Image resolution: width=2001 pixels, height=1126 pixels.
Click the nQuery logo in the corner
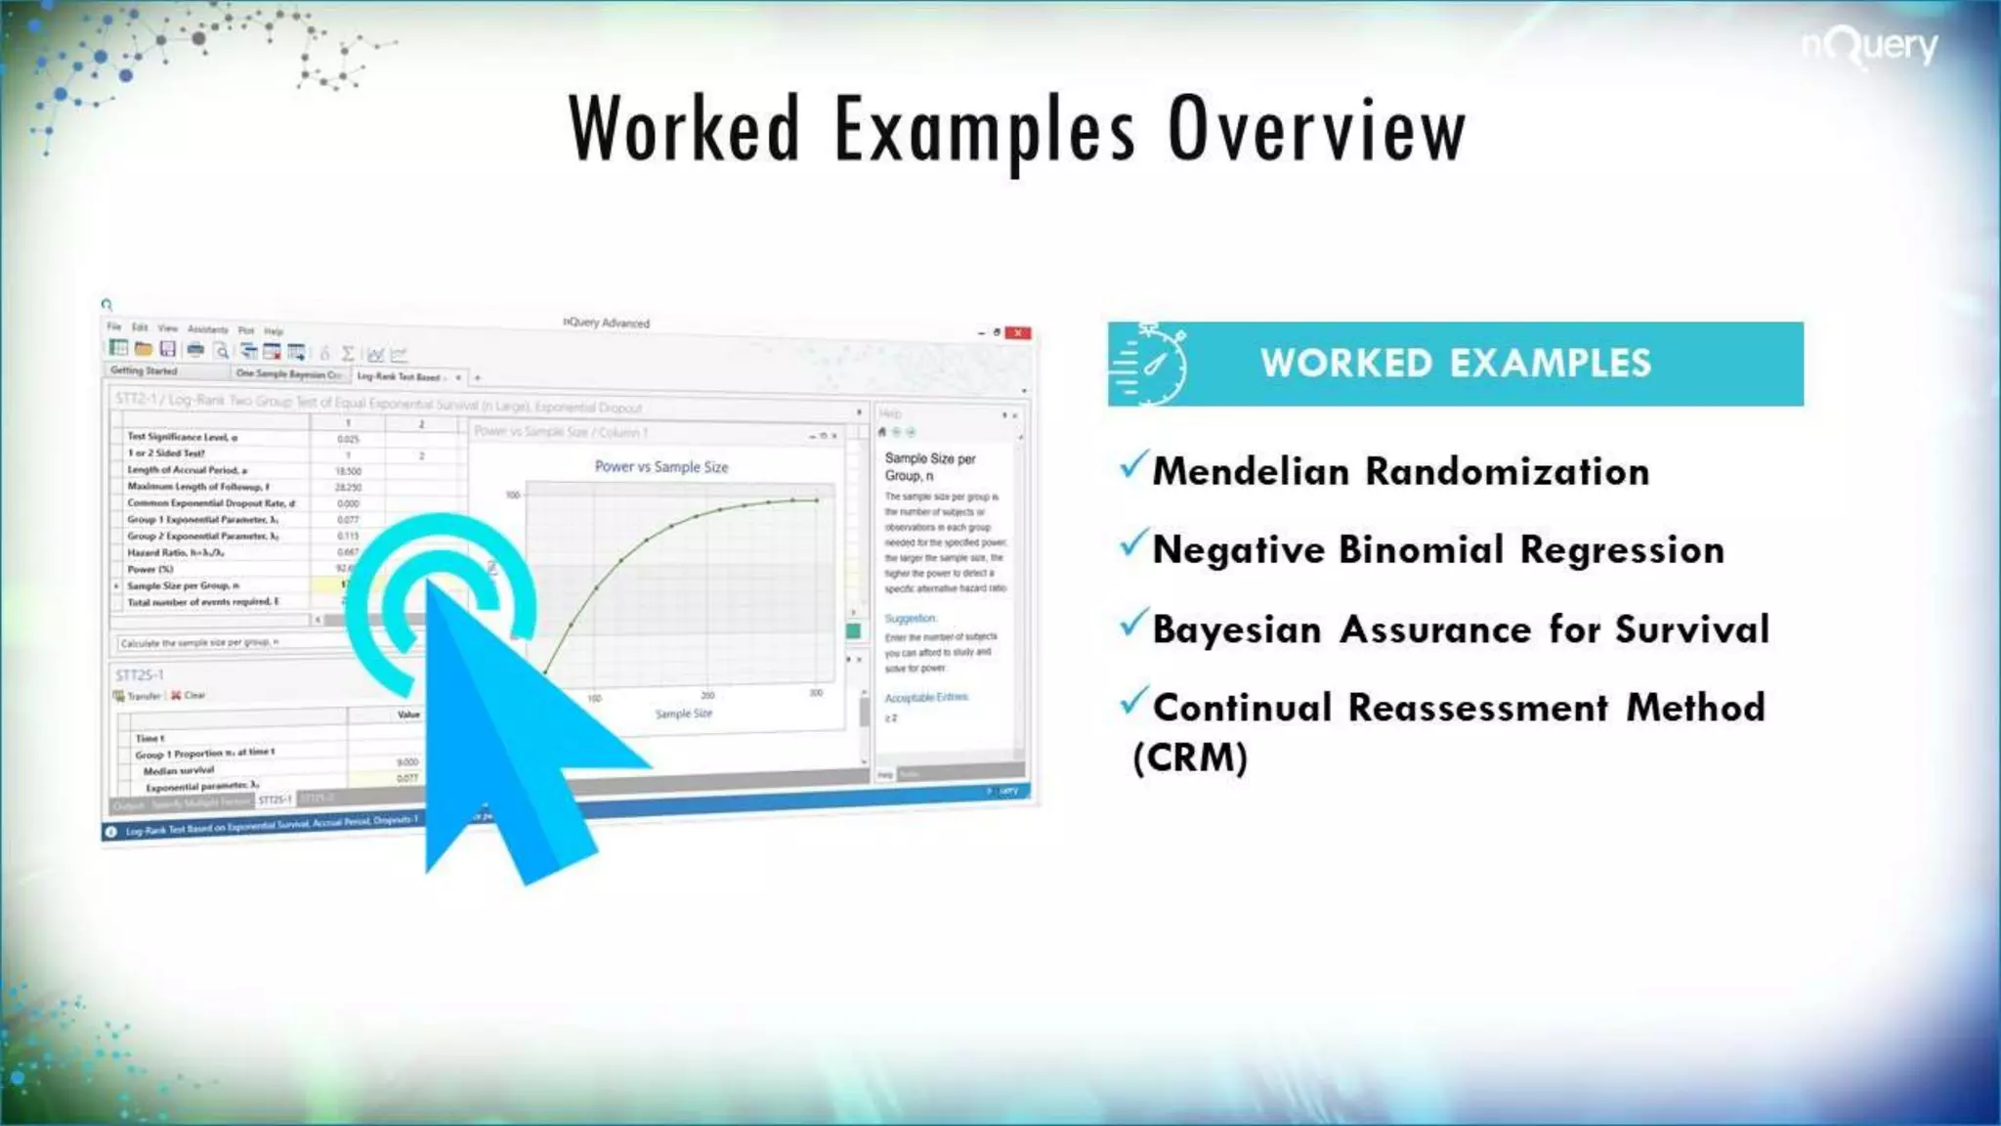tap(1869, 46)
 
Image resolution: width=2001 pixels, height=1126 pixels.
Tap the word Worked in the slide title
tap(684, 130)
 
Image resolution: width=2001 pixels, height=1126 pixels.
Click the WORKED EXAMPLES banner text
tap(1455, 364)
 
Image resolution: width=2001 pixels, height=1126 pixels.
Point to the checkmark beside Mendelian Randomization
tap(1133, 465)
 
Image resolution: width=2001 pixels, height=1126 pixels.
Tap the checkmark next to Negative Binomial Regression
tap(1133, 543)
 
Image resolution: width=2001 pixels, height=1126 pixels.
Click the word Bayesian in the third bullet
tap(1237, 630)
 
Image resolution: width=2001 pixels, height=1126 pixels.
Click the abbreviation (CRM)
tap(1190, 758)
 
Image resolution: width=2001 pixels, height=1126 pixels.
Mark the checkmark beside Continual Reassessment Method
tap(1133, 701)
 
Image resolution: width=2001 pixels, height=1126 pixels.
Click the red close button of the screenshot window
tap(1018, 333)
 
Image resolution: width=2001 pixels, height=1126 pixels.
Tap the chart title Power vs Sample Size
tap(661, 467)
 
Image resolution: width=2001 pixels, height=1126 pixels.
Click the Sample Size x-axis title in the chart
tap(683, 714)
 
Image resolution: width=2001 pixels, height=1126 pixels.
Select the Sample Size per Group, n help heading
tap(929, 466)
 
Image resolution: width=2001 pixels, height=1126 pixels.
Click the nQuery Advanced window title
tap(606, 323)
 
